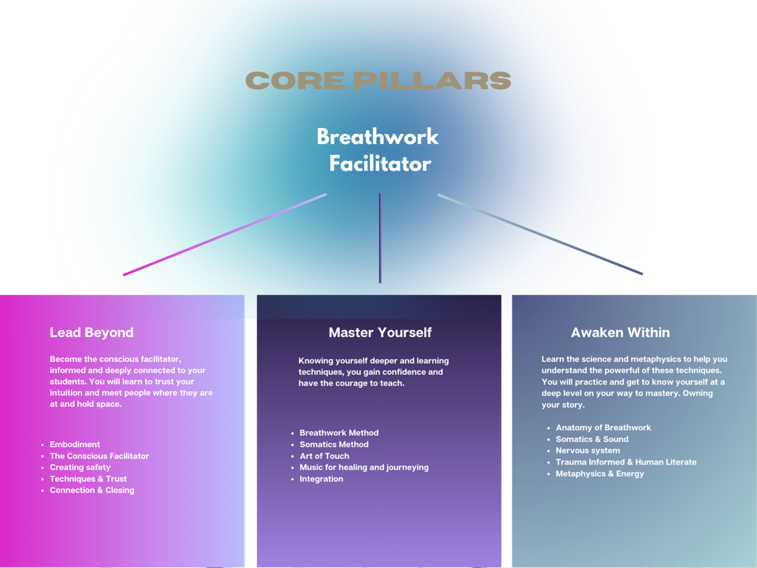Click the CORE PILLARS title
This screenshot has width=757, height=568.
click(378, 81)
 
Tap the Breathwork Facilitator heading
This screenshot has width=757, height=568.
click(378, 150)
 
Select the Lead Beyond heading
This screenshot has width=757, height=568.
click(91, 332)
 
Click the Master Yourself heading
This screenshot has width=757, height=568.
click(380, 332)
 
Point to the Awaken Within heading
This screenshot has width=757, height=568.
click(620, 332)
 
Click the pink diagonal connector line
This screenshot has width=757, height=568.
click(224, 235)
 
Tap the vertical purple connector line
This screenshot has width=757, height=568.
click(380, 238)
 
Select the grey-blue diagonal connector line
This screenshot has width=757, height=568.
click(540, 234)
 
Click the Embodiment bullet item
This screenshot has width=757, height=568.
click(75, 444)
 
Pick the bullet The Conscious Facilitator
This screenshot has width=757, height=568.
click(99, 456)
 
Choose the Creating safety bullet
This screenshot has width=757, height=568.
click(80, 467)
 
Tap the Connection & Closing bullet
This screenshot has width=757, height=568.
click(92, 490)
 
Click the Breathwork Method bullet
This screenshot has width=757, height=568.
click(339, 433)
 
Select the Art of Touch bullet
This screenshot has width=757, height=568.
click(324, 456)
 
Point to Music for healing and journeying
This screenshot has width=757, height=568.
click(364, 467)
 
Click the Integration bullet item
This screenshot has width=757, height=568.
click(321, 479)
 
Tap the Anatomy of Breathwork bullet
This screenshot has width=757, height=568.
click(603, 427)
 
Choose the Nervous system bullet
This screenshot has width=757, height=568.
click(587, 450)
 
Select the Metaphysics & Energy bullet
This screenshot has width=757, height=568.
click(600, 473)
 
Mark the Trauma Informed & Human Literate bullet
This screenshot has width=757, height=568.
click(626, 462)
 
